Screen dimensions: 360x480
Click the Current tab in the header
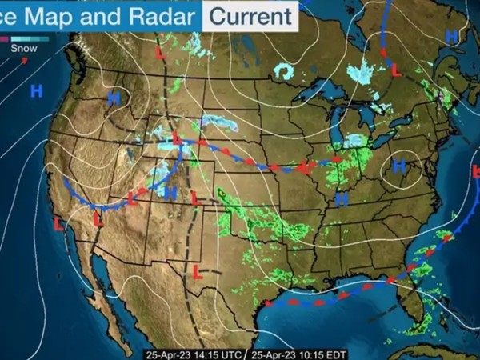click(x=251, y=14)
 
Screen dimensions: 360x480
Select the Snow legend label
click(x=23, y=46)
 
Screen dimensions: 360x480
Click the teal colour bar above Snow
click(x=33, y=38)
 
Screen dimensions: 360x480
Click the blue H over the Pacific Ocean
click(x=36, y=90)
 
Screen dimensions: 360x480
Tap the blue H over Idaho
click(x=115, y=99)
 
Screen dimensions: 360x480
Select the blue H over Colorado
click(x=170, y=192)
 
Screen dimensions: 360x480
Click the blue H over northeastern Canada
click(x=452, y=37)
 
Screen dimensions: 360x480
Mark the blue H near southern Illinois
click(x=342, y=198)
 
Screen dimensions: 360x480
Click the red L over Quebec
click(x=397, y=71)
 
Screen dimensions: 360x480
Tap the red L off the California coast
click(x=58, y=225)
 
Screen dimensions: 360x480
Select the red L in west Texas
click(x=196, y=272)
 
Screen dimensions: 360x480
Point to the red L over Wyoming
click(x=178, y=138)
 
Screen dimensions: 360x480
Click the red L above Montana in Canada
click(x=161, y=54)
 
